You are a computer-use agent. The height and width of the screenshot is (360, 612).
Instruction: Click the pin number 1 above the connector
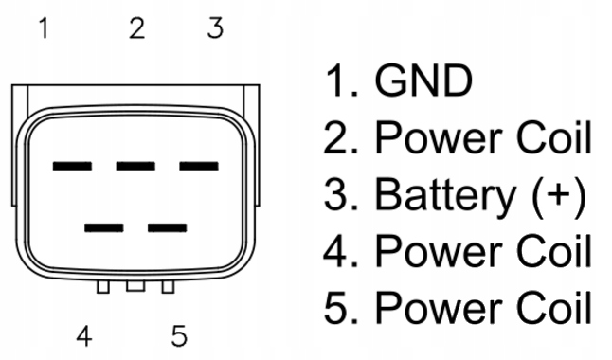point(45,28)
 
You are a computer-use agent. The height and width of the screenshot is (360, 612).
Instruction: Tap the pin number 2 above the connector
point(137,28)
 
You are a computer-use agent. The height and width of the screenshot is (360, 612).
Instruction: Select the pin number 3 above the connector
point(215,28)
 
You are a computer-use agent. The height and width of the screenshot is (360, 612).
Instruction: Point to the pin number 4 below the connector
point(84,336)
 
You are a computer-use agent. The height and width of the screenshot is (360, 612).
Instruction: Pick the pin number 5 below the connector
point(179,336)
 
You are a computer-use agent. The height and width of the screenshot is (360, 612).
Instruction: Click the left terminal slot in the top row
point(72,166)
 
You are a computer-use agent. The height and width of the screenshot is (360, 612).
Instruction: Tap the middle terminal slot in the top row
point(135,166)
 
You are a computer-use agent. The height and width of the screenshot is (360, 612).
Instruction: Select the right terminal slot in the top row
point(199,166)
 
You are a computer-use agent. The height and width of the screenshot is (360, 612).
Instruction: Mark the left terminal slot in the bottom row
point(104,227)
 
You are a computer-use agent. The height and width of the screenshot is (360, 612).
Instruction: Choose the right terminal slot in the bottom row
point(167,227)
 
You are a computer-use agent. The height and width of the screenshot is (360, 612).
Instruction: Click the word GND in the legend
point(423,81)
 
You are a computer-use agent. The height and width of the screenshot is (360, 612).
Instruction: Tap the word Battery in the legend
point(445,195)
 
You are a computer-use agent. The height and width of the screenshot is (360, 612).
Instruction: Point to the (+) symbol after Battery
point(559,195)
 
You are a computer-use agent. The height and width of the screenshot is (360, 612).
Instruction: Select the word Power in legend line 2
point(439,137)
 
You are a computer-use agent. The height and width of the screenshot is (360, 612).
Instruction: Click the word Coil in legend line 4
point(554,251)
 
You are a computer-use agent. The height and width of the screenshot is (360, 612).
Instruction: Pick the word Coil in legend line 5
point(554,308)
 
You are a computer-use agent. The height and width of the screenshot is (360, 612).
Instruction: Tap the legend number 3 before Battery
point(335,194)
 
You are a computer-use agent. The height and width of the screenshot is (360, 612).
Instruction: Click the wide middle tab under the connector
point(135,286)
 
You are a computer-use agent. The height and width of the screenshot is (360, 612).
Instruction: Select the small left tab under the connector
point(103,287)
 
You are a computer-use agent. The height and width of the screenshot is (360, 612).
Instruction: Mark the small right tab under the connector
point(168,287)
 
